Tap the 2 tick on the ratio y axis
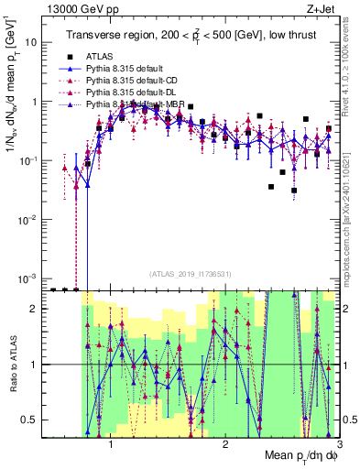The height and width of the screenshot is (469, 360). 33,310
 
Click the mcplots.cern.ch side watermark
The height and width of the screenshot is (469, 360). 352,229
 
